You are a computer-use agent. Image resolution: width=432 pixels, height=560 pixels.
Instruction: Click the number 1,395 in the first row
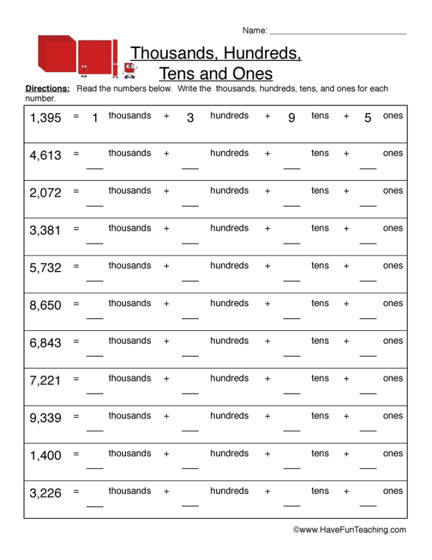(x=46, y=118)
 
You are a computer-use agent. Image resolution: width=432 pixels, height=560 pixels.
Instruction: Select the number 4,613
(x=46, y=156)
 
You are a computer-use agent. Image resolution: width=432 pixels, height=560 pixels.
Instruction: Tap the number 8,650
(x=46, y=306)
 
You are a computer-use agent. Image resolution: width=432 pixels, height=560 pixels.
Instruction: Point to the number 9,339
(x=46, y=419)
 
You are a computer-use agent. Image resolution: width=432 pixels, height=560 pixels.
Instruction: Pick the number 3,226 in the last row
(x=46, y=493)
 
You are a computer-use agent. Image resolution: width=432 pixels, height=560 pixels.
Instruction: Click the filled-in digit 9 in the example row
(x=291, y=119)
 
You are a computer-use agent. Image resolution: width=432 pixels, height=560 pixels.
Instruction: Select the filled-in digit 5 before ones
(x=368, y=119)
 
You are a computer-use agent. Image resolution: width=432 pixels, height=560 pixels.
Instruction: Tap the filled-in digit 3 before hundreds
(x=190, y=119)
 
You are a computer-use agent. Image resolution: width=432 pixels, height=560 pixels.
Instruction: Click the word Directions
(x=48, y=89)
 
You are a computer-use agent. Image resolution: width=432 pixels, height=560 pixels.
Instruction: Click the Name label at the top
(x=254, y=30)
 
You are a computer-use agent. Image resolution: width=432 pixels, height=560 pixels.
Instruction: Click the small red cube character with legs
(x=129, y=70)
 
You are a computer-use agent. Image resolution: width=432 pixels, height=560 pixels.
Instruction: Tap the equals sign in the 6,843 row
(x=76, y=341)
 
